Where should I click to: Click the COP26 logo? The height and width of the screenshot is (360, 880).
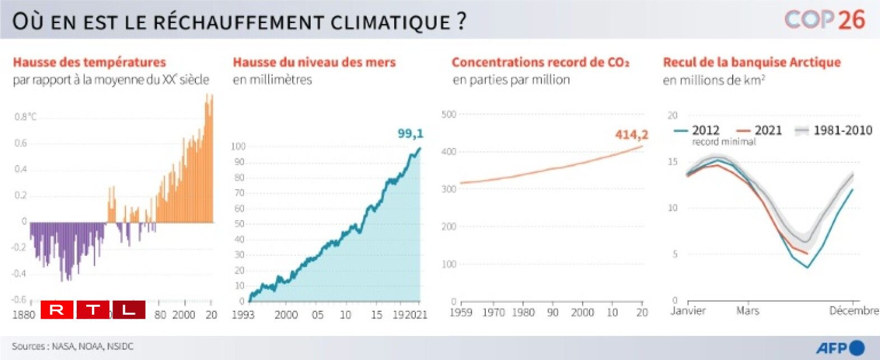tap(825, 20)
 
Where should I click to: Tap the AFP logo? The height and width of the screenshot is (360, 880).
tap(840, 348)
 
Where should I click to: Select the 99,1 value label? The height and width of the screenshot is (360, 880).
tap(410, 133)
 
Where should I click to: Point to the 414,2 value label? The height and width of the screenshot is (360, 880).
tap(631, 134)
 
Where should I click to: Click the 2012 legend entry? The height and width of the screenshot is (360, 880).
tap(698, 130)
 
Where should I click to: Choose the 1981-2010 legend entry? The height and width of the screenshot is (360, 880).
tap(835, 130)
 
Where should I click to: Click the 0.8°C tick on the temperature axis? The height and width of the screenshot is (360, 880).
tap(25, 116)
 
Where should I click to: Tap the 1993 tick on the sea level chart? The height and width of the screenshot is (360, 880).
tap(243, 315)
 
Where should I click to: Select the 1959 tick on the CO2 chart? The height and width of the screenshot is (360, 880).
tap(461, 312)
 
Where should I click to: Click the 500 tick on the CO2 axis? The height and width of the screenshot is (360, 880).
tap(449, 114)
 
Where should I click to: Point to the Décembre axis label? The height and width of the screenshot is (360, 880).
tap(854, 311)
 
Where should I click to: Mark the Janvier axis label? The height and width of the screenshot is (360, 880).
tap(688, 311)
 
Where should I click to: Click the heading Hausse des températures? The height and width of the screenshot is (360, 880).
tap(90, 62)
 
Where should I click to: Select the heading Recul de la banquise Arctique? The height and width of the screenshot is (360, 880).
tap(752, 62)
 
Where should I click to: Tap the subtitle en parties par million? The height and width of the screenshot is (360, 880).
tap(511, 80)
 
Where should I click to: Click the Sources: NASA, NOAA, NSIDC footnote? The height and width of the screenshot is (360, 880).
tap(73, 347)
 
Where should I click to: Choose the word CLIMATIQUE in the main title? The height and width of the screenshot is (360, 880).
tap(390, 22)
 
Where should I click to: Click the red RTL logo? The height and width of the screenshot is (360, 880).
tap(93, 310)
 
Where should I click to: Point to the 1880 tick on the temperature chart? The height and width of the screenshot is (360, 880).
tap(24, 315)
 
